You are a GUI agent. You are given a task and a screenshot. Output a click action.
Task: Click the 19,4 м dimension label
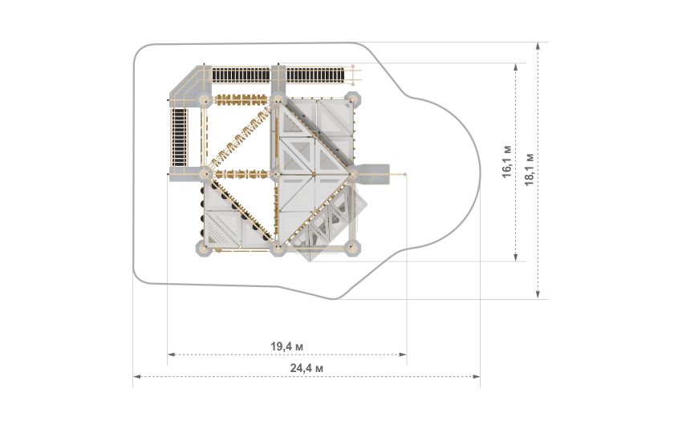point(287,346)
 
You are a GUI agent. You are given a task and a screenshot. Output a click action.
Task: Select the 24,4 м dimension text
point(306,368)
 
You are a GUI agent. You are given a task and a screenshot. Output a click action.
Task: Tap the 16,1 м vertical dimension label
point(507,162)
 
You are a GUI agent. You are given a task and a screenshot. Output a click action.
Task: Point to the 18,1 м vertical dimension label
point(530,169)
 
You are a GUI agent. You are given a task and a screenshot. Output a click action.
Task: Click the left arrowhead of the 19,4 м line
point(171,354)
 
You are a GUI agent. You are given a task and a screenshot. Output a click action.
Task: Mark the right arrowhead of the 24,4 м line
point(477,376)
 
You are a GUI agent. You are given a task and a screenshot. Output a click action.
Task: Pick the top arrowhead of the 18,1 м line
point(538,46)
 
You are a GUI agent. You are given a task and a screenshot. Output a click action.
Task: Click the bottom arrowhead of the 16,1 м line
point(516,257)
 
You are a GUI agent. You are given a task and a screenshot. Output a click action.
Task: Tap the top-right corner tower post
point(352,100)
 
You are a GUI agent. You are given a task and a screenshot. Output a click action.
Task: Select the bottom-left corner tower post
point(204,249)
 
